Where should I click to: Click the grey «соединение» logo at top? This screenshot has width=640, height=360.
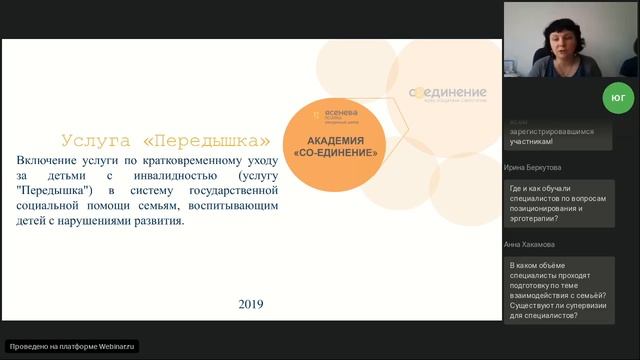(447, 93)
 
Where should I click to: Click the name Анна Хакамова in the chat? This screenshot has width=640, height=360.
(533, 245)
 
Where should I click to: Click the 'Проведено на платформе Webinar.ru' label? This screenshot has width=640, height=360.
(72, 346)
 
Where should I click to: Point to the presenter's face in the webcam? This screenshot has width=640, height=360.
(556, 39)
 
